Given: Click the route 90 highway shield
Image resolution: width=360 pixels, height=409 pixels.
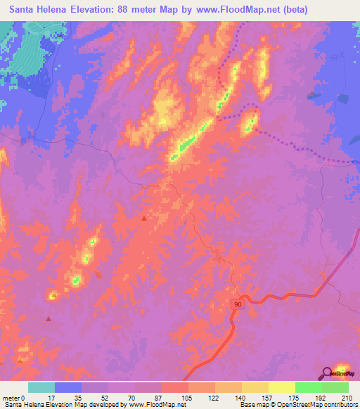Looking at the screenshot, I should [x=238, y=302].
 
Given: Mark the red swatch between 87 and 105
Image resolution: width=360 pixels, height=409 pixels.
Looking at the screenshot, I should [x=175, y=387].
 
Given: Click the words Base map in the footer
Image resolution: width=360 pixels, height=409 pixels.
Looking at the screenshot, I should [x=252, y=405].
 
